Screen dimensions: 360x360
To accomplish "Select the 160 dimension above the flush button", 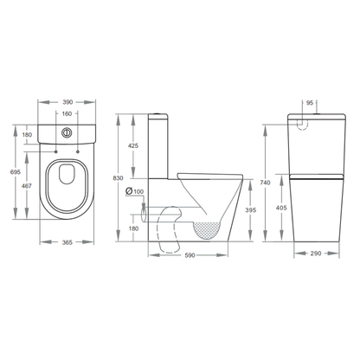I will coord(66,114).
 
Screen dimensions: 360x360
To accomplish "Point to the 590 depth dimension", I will coord(188,256).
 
